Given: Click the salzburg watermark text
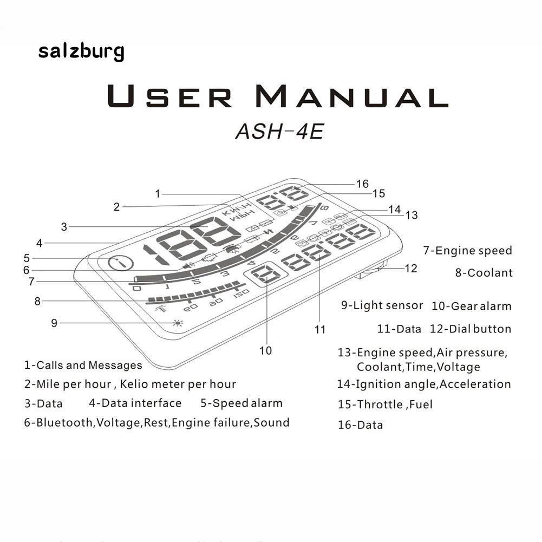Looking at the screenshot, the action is click(81, 53).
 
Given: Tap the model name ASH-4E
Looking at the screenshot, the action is click(279, 131).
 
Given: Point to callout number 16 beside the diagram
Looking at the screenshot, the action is click(362, 184).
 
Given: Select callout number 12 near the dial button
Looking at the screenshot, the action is click(412, 268).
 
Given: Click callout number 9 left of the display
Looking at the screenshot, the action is click(54, 323).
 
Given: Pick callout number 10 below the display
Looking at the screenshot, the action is click(265, 350).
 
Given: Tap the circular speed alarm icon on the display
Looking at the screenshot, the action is click(121, 264).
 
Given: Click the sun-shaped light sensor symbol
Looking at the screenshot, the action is click(177, 323).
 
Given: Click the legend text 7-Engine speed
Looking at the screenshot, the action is click(468, 251).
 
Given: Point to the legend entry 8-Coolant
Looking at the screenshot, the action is click(484, 273).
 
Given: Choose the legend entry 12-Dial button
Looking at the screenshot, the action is click(471, 329).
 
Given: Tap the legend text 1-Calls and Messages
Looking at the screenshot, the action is click(83, 365).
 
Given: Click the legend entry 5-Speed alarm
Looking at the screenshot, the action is click(241, 403).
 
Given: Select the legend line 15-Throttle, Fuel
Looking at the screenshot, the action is click(385, 404).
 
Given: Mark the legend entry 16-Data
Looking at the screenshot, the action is click(360, 425).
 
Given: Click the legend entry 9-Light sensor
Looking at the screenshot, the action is click(382, 305).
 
